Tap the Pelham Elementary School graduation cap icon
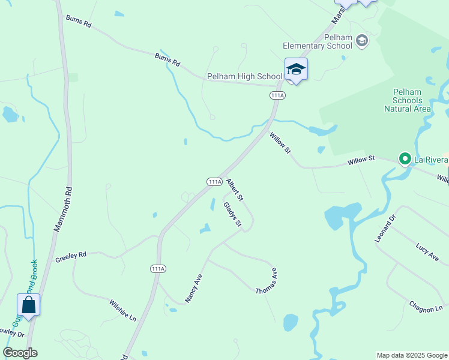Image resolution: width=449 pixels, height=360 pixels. tap(361, 41)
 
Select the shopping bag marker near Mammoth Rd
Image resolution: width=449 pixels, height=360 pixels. tap(28, 305)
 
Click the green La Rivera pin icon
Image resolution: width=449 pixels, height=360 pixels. tap(405, 159)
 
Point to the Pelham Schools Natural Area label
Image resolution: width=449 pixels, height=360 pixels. tap(408, 100)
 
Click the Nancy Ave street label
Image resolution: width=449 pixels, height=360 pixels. tap(193, 289)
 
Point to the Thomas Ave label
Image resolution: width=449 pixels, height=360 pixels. tap(266, 280)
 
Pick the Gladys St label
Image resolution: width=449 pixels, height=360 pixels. tap(232, 214)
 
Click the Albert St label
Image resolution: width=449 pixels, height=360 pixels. tap(235, 189)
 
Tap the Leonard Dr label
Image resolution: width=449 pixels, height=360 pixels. tap(385, 230)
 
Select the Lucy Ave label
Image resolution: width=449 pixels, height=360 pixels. tap(427, 253)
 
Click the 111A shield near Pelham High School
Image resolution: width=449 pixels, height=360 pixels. tap(277, 95)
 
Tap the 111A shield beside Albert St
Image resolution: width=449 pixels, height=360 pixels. tap(214, 181)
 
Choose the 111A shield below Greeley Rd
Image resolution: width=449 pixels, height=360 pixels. tap(157, 269)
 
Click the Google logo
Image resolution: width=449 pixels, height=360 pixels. tap(20, 353)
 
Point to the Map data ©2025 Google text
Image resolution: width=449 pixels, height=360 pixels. tap(411, 355)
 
